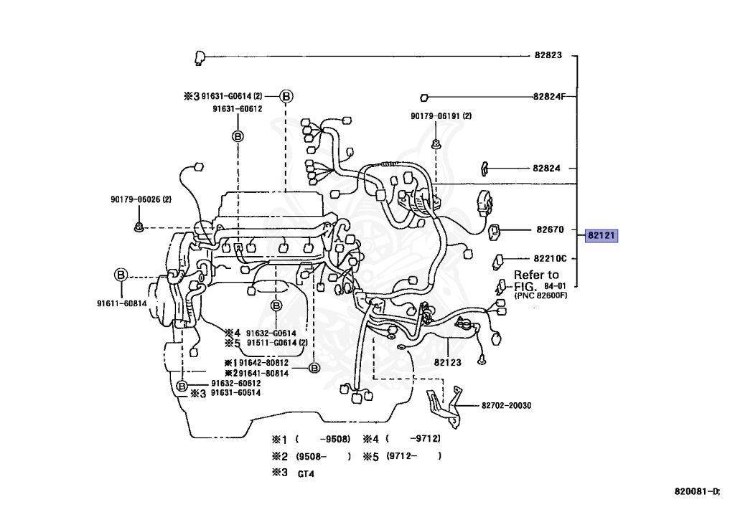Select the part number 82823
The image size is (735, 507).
547,55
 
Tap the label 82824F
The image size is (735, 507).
549,97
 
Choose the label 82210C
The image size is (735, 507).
550,258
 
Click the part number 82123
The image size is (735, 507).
447,363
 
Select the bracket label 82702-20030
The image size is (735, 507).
502,406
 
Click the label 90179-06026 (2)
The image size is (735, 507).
141,199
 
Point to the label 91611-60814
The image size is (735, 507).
122,303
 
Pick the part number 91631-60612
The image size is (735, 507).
237,109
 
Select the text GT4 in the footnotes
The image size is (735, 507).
306,474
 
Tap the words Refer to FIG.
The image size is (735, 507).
535,280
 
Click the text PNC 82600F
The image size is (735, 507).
540,295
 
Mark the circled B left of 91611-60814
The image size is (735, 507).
121,275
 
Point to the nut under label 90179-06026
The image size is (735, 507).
139,227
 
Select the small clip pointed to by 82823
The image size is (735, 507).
200,57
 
